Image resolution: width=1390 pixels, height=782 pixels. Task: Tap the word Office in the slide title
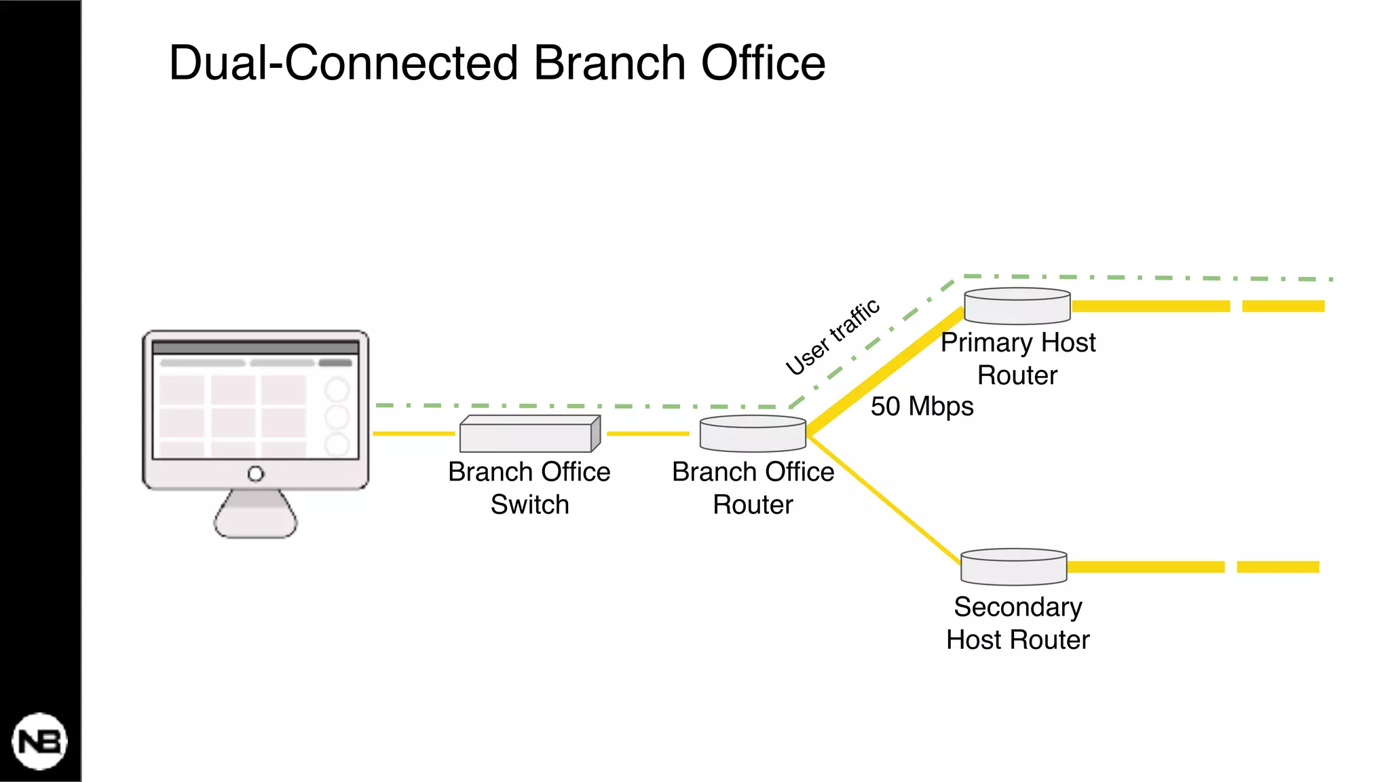pyautogui.click(x=763, y=63)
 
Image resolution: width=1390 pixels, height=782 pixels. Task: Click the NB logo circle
pyautogui.click(x=39, y=741)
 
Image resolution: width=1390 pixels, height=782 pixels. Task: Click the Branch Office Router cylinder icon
pyautogui.click(x=753, y=434)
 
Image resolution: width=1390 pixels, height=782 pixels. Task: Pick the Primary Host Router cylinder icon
pyautogui.click(x=1017, y=307)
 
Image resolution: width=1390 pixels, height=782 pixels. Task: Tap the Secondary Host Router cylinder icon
pyautogui.click(x=1014, y=567)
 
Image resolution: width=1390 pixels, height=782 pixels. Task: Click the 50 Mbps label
pyautogui.click(x=922, y=407)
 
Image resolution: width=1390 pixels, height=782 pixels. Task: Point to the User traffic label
pyautogui.click(x=833, y=337)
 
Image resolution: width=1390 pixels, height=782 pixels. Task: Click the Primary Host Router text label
pyautogui.click(x=1017, y=358)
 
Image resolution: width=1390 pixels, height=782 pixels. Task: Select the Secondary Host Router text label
pyautogui.click(x=1017, y=623)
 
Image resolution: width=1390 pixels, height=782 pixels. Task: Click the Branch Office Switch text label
pyautogui.click(x=529, y=488)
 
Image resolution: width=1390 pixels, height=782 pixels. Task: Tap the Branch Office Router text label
pyautogui.click(x=753, y=488)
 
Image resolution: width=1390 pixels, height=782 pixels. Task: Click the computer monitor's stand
pyautogui.click(x=255, y=516)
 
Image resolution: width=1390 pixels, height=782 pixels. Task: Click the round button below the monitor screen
pyautogui.click(x=255, y=474)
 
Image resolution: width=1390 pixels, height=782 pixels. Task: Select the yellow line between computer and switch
pyautogui.click(x=414, y=433)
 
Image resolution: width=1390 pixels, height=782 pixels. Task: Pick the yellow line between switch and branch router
pyautogui.click(x=647, y=433)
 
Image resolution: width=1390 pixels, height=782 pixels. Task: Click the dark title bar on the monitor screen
pyautogui.click(x=255, y=348)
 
